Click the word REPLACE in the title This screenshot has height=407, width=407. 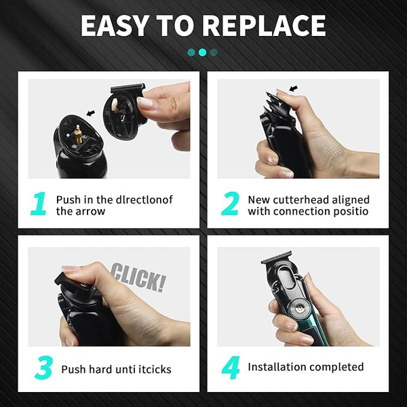[264, 26]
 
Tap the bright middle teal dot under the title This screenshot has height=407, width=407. [202, 52]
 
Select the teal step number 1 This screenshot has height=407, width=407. [39, 203]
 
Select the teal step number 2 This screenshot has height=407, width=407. [230, 203]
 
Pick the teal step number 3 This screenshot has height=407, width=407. [43, 368]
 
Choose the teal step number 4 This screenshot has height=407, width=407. [231, 368]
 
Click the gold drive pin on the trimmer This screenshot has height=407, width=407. [77, 134]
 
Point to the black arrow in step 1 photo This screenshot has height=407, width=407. [91, 113]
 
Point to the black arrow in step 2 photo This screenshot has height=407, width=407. [293, 88]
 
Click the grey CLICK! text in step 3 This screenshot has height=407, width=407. [138, 277]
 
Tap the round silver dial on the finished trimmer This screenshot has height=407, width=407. [299, 309]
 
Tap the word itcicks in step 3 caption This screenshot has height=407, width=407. [155, 369]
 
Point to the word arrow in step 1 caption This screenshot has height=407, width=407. [91, 212]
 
